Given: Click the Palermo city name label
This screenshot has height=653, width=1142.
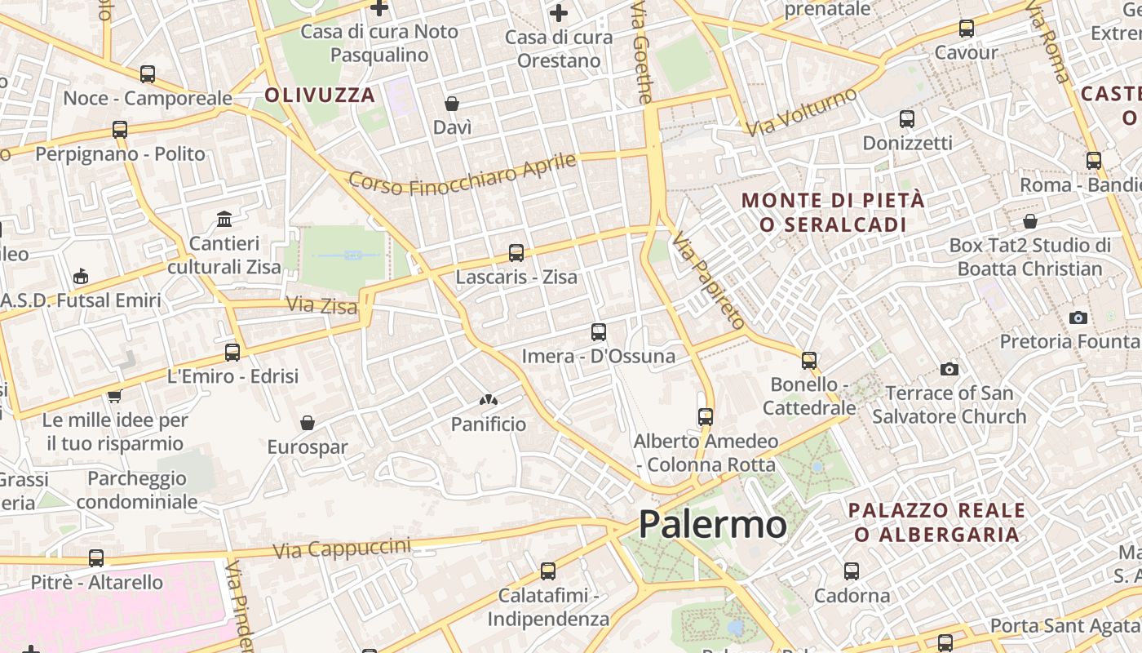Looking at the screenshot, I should tap(712, 524).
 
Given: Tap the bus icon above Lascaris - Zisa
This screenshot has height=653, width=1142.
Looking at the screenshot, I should tap(516, 253).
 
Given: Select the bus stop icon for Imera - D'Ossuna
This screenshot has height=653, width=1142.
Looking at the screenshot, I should tap(599, 332).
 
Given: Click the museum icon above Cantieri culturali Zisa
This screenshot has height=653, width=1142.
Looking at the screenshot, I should tap(224, 220).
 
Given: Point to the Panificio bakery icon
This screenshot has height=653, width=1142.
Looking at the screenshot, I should tap(489, 400).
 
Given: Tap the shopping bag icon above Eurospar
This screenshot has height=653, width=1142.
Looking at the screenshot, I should tap(308, 423).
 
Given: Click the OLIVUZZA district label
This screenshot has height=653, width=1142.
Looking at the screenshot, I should tap(320, 95).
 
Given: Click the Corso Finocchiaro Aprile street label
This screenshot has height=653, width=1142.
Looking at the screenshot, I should tap(463, 174).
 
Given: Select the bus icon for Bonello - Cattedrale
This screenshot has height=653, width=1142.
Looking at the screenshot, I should tap(809, 360).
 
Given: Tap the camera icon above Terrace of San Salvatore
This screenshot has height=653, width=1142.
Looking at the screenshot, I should tap(949, 370).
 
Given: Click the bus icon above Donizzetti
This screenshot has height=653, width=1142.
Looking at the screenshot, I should tap(907, 119).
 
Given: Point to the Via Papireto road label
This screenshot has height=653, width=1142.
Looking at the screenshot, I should tap(708, 280).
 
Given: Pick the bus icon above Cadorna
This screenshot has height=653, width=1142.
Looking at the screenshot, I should tap(852, 571).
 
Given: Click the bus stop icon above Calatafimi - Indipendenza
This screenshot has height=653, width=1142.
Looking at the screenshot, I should tap(548, 571).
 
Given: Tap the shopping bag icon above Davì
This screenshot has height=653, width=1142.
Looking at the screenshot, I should tap(452, 104).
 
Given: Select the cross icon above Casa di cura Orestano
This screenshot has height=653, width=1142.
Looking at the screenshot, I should tap(559, 13).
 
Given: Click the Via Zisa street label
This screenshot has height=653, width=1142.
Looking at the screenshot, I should tap(321, 305).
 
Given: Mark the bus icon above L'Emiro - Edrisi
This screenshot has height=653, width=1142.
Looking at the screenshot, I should tap(232, 353).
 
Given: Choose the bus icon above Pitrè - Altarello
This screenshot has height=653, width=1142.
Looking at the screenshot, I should tap(96, 558).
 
